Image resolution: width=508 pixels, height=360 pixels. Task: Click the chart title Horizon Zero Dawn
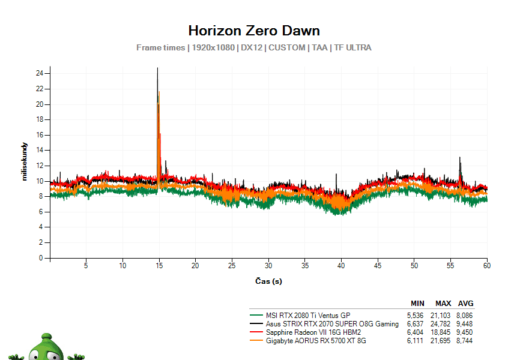click(254, 31)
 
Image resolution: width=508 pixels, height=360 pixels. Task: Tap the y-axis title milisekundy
click(25, 161)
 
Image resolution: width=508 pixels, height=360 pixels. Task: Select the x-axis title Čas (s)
click(268, 281)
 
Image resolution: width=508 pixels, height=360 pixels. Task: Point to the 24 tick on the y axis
click(40, 73)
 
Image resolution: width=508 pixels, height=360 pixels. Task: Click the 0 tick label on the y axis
click(41, 258)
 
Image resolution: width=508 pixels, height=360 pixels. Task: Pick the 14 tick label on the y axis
click(40, 150)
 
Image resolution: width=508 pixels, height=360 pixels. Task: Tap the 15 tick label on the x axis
click(159, 266)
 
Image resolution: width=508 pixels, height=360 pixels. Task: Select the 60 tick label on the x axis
click(487, 266)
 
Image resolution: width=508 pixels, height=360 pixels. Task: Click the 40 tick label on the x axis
click(341, 266)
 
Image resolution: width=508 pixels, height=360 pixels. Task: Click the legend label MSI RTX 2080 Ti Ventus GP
click(308, 316)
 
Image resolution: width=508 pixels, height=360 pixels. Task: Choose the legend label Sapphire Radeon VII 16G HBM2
click(313, 332)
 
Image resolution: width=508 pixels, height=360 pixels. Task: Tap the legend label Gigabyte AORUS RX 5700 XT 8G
click(316, 341)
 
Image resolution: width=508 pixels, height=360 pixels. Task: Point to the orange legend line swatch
click(256, 341)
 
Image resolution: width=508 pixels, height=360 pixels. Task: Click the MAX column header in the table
click(443, 304)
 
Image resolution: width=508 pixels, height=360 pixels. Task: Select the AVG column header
click(465, 304)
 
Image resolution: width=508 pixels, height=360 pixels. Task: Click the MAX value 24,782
click(440, 324)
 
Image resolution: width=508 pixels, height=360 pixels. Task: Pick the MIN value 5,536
click(415, 316)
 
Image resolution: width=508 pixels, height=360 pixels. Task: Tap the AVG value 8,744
click(465, 341)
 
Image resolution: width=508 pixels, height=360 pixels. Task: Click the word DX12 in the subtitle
click(252, 47)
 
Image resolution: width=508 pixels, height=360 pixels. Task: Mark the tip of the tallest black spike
click(157, 68)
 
